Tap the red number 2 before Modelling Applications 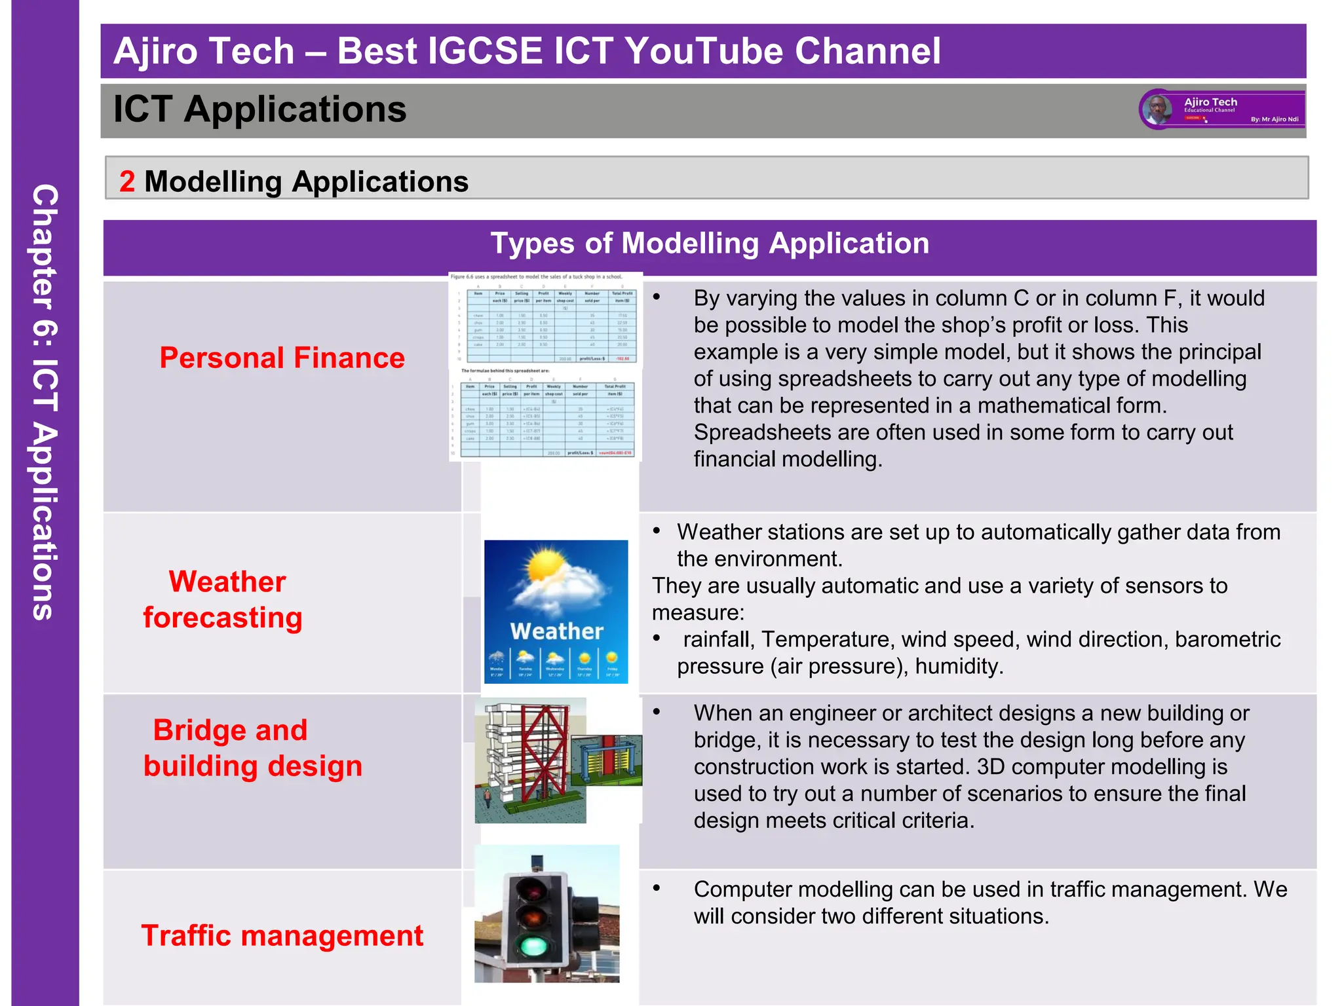(x=127, y=181)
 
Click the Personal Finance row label (x=282, y=358)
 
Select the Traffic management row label (x=282, y=935)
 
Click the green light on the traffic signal (x=533, y=945)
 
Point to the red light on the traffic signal (x=532, y=890)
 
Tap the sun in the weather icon (x=546, y=565)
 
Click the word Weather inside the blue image (x=556, y=631)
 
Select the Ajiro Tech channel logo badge (x=1222, y=110)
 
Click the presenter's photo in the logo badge (x=1158, y=109)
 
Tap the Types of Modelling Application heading (x=710, y=244)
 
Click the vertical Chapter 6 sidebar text (x=45, y=401)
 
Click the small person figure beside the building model (x=487, y=797)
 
